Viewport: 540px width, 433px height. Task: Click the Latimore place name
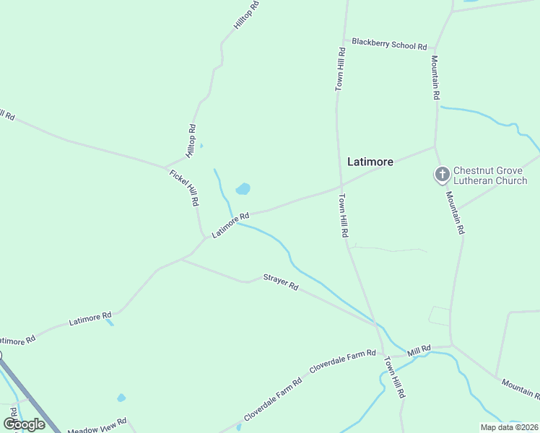[370, 162]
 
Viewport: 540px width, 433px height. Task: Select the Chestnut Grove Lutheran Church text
[490, 176]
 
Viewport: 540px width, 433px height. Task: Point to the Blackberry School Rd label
[389, 44]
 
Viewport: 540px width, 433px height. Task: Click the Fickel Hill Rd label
[183, 188]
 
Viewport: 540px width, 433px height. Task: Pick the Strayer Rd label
[280, 281]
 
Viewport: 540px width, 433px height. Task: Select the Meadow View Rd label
[97, 426]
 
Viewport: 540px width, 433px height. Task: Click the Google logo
[24, 424]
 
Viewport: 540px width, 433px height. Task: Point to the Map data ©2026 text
[510, 427]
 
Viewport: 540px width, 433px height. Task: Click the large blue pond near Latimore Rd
[243, 189]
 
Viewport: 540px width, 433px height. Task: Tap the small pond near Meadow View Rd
[121, 398]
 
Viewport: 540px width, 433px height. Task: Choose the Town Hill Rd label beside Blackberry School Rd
[340, 69]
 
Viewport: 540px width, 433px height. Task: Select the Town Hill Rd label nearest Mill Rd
[395, 377]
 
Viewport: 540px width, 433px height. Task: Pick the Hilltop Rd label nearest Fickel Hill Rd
[191, 141]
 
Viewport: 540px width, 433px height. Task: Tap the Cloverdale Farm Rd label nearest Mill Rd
[342, 361]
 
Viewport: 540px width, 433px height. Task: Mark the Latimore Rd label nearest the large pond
[230, 225]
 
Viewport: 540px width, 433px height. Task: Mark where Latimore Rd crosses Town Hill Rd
[339, 186]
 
